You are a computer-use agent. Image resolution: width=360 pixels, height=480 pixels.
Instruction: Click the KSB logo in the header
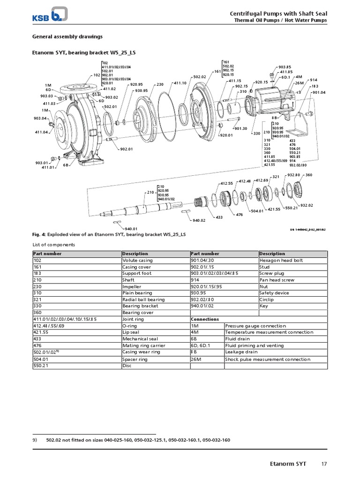click(x=50, y=15)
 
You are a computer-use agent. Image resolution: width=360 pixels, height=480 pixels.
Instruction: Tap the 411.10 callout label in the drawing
click(x=180, y=83)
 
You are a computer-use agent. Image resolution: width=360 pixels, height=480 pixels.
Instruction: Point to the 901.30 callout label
click(x=241, y=128)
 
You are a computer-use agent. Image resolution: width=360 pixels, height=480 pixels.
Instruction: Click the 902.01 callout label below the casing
click(x=127, y=149)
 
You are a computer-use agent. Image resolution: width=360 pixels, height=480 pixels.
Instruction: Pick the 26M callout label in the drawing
click(x=299, y=83)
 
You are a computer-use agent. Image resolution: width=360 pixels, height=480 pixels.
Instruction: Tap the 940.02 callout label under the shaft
click(x=199, y=220)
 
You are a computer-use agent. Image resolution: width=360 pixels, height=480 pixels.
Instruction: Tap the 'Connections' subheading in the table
click(x=205, y=319)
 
